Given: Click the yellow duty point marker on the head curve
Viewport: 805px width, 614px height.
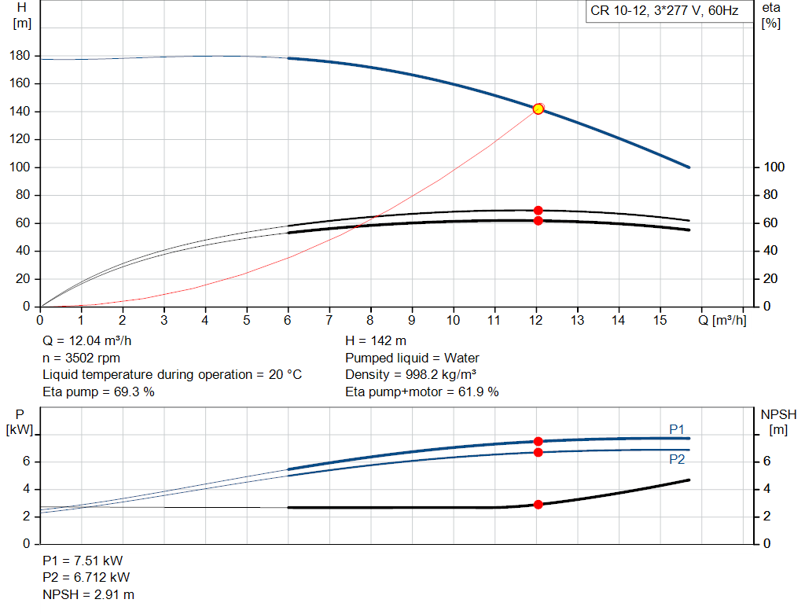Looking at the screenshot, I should [x=538, y=108].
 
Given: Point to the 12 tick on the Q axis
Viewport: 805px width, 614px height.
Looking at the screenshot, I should [x=536, y=320].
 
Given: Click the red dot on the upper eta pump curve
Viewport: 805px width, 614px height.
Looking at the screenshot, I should [x=539, y=210].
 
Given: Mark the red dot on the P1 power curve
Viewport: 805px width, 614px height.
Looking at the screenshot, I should [x=539, y=442].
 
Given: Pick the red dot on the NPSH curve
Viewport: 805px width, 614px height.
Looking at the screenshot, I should [x=539, y=505].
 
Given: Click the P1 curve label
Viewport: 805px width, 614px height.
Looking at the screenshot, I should [x=676, y=428].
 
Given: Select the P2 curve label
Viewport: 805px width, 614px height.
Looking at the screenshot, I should [x=676, y=460].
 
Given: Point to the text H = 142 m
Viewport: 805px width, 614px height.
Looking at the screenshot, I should [x=377, y=341].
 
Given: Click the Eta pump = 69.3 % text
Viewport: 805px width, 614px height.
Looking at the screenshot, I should [x=98, y=392].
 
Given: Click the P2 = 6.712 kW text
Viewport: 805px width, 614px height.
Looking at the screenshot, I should [x=86, y=578].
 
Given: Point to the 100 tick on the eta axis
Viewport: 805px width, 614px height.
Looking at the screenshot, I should [x=774, y=167].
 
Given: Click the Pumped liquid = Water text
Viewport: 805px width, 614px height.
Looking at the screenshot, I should [x=412, y=358].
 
